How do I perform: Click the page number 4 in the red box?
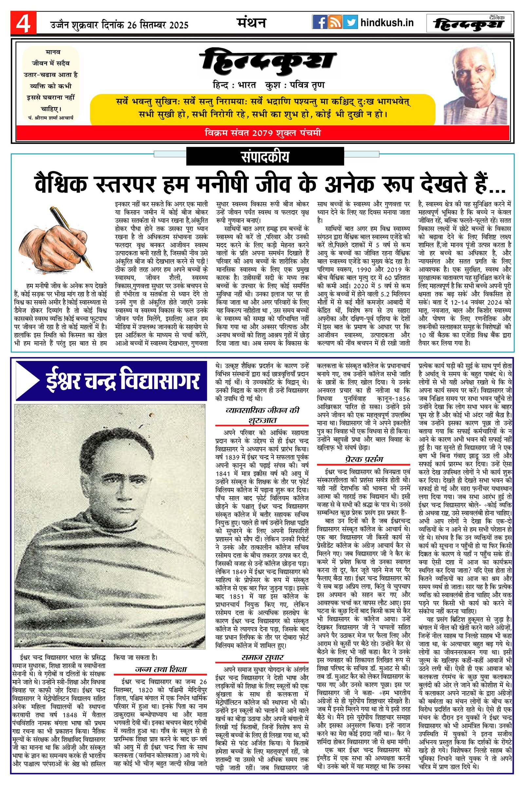[x=23, y=23]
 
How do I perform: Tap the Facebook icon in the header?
[x=319, y=22]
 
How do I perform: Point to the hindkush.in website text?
[x=387, y=23]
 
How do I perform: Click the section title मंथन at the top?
[x=251, y=22]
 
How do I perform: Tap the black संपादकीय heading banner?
[x=265, y=157]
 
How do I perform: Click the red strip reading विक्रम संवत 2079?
[x=263, y=132]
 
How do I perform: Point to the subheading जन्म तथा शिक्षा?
[x=160, y=669]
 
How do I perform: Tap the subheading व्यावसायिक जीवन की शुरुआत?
[x=262, y=415]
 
